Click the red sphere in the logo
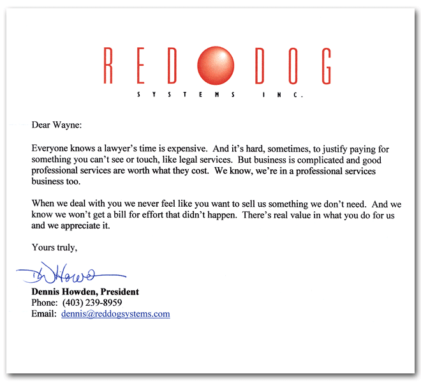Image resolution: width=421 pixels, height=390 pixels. click(x=216, y=66)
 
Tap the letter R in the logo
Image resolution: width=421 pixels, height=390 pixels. click(x=110, y=66)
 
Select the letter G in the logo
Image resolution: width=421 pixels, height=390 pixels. click(x=324, y=66)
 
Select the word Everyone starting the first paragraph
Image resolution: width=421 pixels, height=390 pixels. click(x=52, y=148)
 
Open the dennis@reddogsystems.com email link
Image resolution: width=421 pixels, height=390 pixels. click(x=115, y=314)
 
